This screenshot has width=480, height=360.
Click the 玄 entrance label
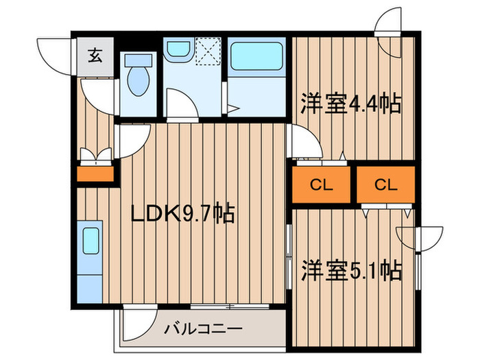(95, 56)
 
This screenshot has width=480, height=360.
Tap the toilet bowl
(138, 81)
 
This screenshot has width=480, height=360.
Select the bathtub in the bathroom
(256, 56)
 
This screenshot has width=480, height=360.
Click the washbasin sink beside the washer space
(179, 49)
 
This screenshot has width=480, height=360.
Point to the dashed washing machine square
(208, 51)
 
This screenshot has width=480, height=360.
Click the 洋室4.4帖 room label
(350, 104)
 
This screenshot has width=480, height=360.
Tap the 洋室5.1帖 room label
(351, 271)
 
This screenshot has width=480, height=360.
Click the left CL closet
(321, 184)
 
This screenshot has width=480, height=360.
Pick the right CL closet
(386, 184)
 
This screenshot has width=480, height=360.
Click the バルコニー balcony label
(203, 329)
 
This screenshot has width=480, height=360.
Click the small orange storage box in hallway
(95, 174)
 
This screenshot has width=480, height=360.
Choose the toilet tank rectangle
(139, 60)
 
